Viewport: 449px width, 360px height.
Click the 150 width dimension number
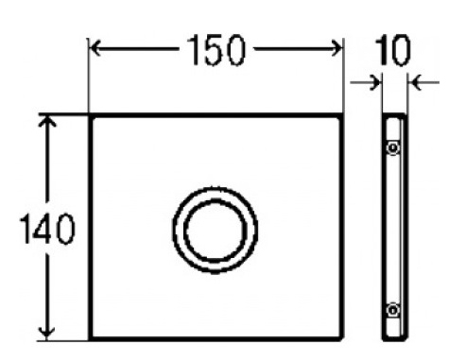(216, 50)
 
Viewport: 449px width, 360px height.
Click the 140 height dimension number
(47, 229)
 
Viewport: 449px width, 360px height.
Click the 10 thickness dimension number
(393, 50)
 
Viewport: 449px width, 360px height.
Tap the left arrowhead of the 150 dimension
(95, 48)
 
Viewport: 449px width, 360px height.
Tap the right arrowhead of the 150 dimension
(337, 48)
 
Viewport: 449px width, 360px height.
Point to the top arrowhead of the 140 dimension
(47, 121)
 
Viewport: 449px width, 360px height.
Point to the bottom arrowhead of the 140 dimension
(46, 333)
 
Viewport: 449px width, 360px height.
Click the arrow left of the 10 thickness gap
(366, 83)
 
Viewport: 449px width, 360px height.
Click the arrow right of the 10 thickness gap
(424, 83)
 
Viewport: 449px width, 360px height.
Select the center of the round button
(216, 230)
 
